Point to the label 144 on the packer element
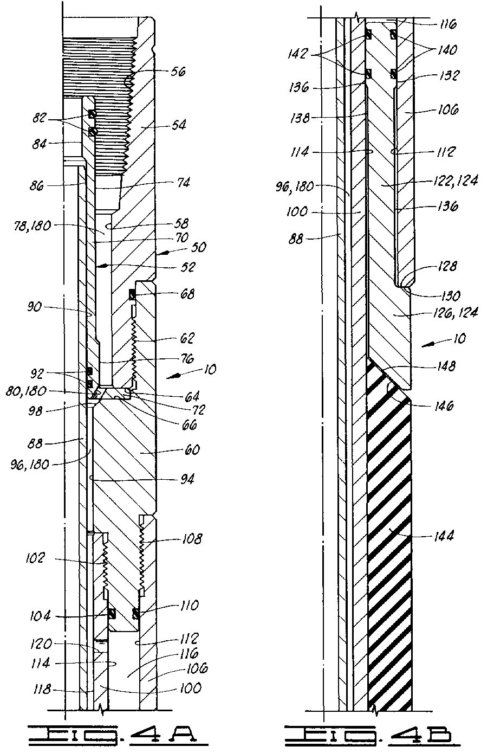(443, 536)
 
